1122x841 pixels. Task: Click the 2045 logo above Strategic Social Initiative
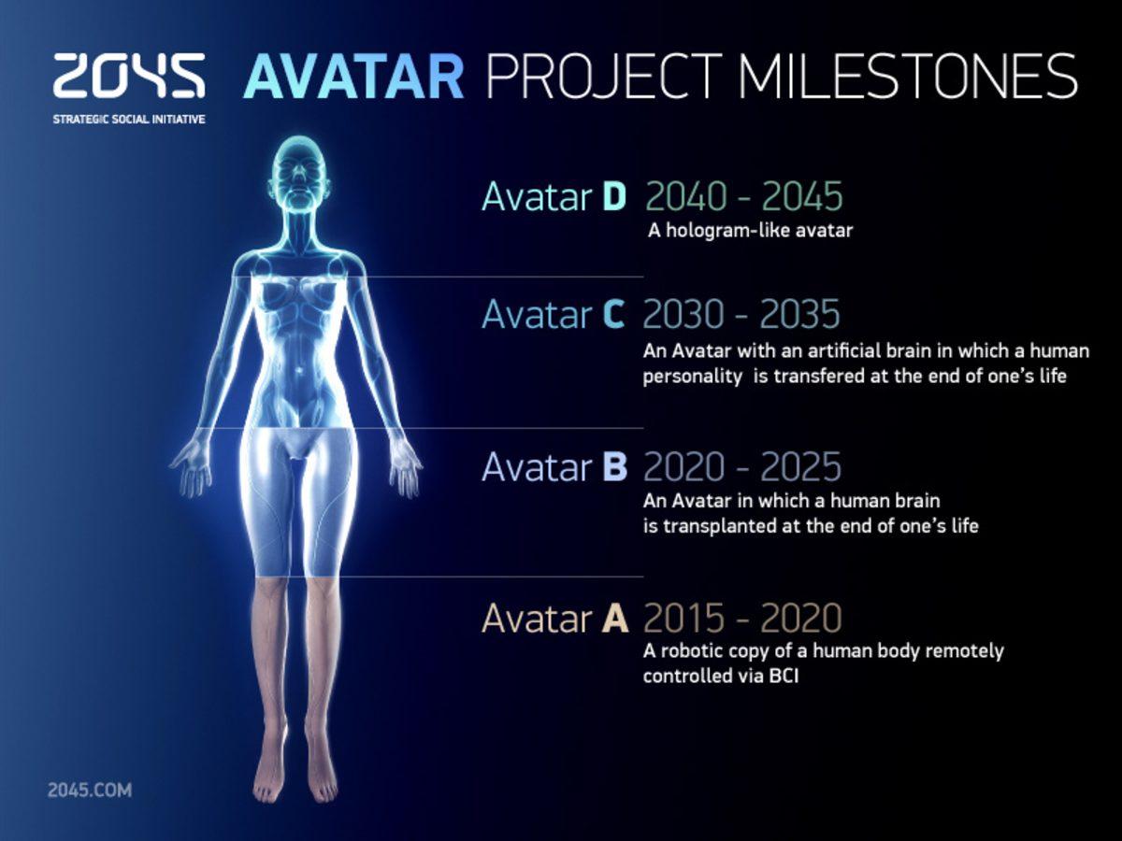(129, 76)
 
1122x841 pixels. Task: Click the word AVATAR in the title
(353, 77)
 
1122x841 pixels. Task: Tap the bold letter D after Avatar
(613, 197)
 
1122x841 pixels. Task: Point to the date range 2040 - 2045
(744, 197)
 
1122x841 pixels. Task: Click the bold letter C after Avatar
(613, 315)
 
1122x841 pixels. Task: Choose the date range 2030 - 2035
(741, 315)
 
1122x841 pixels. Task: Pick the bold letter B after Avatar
(613, 466)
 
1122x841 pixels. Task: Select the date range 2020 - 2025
(741, 466)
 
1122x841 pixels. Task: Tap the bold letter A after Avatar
(614, 618)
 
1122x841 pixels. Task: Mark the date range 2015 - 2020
(741, 618)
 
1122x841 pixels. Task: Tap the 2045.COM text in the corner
(90, 791)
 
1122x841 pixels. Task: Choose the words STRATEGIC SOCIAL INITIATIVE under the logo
(129, 121)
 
